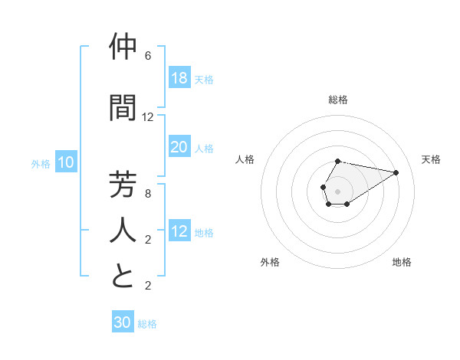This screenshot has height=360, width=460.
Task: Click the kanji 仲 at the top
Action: coord(123,48)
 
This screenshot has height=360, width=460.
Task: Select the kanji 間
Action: coord(123,108)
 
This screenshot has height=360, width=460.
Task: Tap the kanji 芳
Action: coord(123,185)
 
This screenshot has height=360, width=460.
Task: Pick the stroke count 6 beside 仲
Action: coord(148,56)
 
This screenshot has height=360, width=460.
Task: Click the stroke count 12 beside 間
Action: coord(148,117)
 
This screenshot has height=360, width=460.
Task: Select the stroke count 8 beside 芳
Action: coord(148,194)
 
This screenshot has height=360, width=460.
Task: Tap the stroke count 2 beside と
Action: coord(148,286)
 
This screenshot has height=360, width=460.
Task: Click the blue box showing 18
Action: coord(179,77)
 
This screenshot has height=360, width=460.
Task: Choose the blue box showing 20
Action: coord(179,147)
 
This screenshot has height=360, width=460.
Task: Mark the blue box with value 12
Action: coord(179,232)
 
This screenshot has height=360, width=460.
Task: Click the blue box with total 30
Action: coord(123,322)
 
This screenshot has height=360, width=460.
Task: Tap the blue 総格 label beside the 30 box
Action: coord(147,324)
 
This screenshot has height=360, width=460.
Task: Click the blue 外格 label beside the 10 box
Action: coord(41,163)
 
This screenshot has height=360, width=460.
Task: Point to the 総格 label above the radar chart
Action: coord(338,100)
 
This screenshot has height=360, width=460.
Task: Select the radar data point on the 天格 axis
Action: coord(396,172)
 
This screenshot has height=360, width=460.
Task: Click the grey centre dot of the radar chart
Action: coord(338,190)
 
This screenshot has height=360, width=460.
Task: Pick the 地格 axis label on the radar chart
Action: coord(402,262)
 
